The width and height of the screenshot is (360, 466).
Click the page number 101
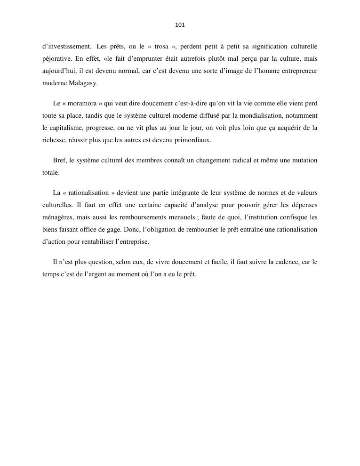click(x=180, y=25)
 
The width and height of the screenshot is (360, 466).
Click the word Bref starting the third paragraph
click(x=59, y=161)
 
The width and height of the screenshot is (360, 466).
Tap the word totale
click(x=51, y=173)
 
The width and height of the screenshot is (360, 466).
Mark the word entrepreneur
click(x=296, y=71)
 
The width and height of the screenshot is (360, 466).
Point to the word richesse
click(x=55, y=140)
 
